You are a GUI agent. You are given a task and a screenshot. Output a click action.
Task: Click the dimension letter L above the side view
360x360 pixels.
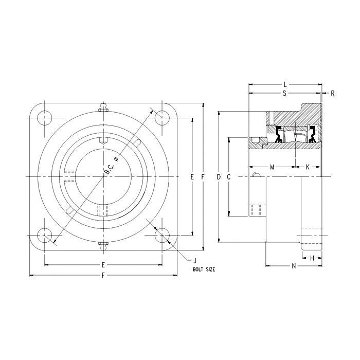click(x=285, y=83)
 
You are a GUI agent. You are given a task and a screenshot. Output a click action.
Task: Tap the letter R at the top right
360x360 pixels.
click(x=333, y=93)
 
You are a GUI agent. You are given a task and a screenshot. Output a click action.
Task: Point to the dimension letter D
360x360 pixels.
click(x=219, y=177)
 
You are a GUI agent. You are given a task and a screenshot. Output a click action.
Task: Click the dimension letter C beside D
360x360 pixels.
click(x=228, y=177)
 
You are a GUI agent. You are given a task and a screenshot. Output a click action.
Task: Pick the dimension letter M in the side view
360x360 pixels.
click(x=272, y=167)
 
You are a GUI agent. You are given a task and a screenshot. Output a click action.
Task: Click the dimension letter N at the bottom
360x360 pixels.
click(x=293, y=266)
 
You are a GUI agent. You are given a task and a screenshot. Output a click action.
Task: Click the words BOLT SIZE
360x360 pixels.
click(x=204, y=269)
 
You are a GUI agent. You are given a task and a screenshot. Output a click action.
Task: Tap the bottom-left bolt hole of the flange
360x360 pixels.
click(x=45, y=236)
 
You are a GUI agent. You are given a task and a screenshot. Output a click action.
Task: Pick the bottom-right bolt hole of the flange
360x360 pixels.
click(x=163, y=236)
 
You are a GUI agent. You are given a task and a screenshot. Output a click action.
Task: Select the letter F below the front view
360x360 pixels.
click(x=103, y=276)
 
